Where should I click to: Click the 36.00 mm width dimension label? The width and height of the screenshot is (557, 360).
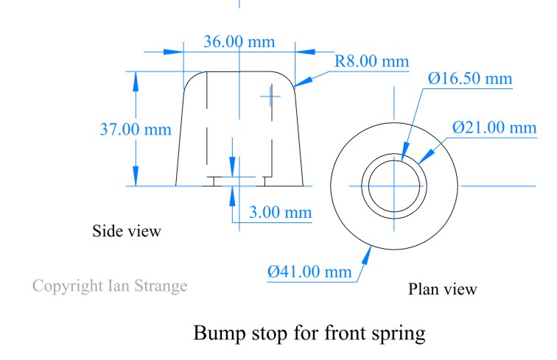tap(239, 42)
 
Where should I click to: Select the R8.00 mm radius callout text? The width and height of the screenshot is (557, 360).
tap(372, 61)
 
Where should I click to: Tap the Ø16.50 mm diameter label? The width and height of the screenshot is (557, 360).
tap(470, 78)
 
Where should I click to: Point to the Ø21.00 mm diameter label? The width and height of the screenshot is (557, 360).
tap(494, 127)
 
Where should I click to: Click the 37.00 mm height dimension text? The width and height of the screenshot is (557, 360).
tap(136, 130)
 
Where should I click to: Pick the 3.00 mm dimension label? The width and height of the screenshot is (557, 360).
tap(280, 212)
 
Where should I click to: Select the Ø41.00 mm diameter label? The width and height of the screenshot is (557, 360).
tap(309, 272)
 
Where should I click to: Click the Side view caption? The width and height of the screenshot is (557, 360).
tap(127, 231)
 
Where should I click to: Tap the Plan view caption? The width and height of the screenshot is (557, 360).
tap(442, 289)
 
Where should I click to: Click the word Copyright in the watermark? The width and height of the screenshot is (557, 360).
tap(68, 286)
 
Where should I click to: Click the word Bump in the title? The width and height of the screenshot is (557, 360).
tap(220, 333)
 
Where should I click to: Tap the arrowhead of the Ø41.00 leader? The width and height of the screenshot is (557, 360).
tap(367, 255)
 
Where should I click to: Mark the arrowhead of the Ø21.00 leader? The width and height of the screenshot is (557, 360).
tap(427, 156)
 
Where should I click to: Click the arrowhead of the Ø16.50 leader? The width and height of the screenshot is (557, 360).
tap(405, 152)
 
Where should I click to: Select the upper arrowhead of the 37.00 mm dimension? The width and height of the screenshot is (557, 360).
tap(136, 82)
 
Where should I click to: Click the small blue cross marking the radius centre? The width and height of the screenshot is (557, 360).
tap(270, 96)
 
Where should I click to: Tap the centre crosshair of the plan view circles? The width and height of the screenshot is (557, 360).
tap(394, 186)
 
